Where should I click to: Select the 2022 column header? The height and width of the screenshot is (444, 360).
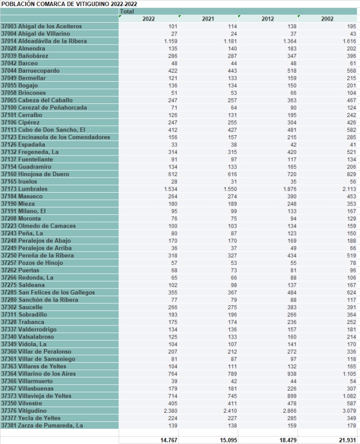coord(148,19)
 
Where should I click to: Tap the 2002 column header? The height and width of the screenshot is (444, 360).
coord(328,19)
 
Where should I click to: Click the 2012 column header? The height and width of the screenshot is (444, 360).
coord(268,19)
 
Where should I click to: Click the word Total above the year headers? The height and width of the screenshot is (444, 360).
coord(127,11)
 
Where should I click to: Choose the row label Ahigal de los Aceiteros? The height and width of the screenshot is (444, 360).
coord(48,26)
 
